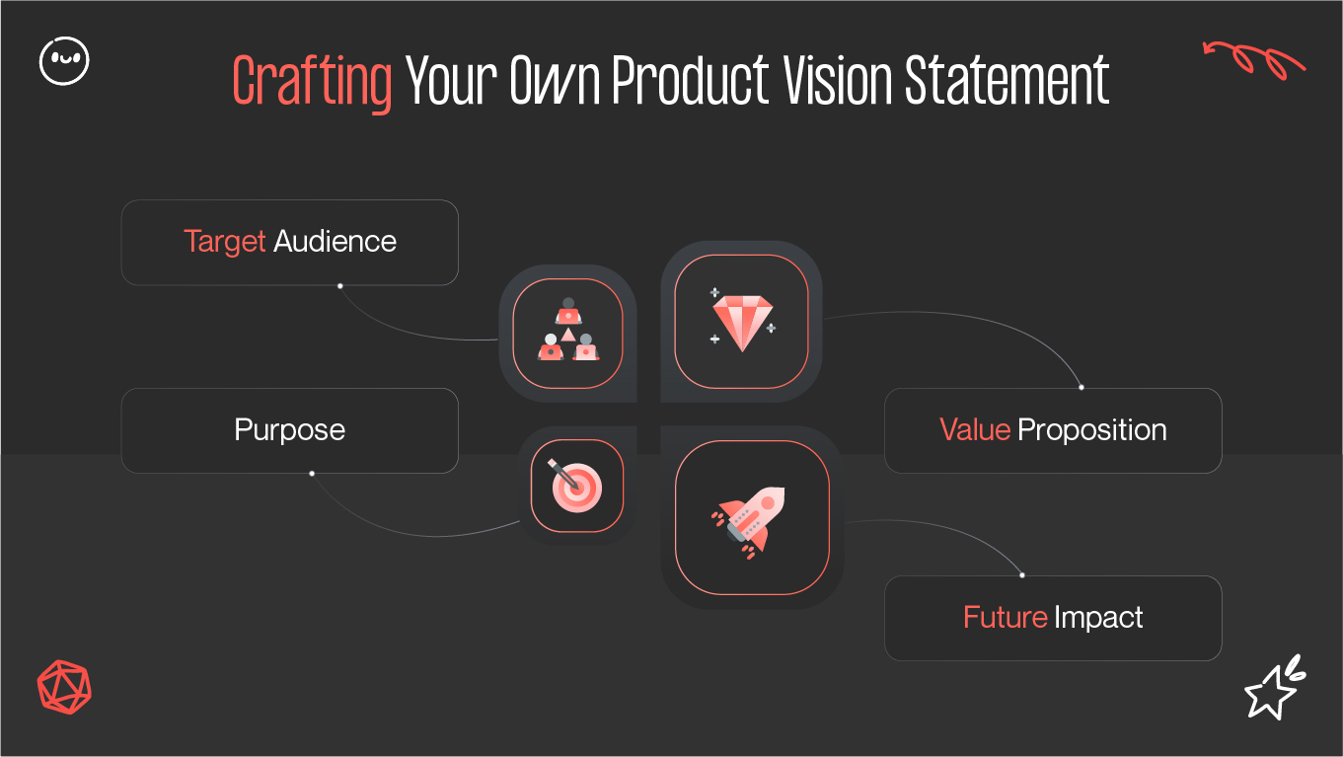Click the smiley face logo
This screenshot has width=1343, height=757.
pos(64,61)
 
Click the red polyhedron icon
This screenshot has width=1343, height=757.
pos(64,685)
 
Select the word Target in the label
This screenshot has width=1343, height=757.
pos(225,242)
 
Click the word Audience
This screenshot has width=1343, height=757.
pos(335,242)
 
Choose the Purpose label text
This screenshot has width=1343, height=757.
pos(290,430)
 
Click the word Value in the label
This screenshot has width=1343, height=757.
pos(974,430)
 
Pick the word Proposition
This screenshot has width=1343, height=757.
pos(1092,430)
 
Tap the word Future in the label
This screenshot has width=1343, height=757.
pos(1005,618)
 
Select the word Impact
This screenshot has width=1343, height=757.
pos(1098,618)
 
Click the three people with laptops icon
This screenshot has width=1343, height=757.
pos(568,332)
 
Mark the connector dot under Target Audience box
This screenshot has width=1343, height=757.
pos(339,286)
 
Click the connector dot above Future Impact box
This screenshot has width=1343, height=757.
pos(1021,575)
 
